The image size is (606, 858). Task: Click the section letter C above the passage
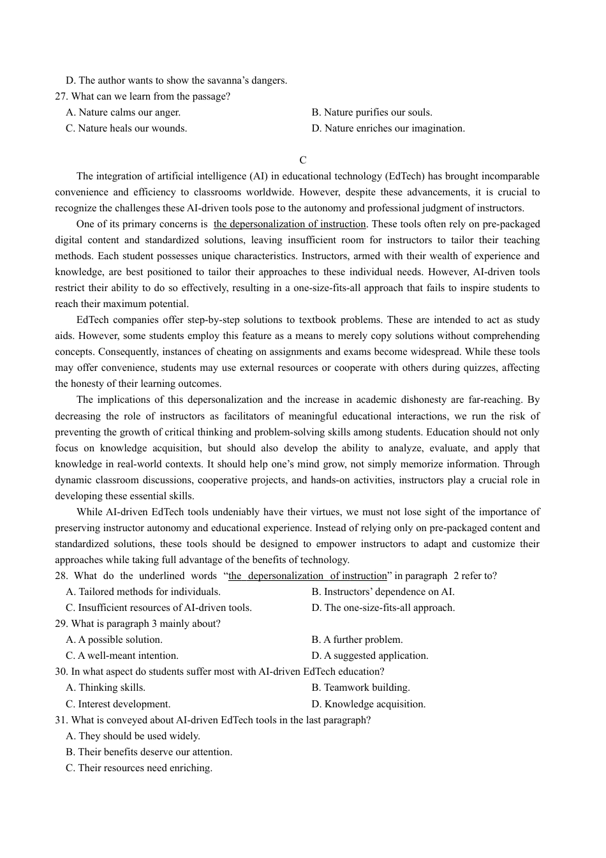click(303, 160)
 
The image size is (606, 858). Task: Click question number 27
click(62, 96)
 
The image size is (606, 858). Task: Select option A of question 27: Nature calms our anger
click(123, 112)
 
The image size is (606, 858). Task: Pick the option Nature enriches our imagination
click(388, 128)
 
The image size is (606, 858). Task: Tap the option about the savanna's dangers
click(177, 80)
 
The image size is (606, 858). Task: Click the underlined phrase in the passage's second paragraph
click(290, 224)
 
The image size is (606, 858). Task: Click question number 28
click(62, 576)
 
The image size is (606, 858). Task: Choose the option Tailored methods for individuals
click(144, 592)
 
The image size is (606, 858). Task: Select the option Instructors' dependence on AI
click(383, 592)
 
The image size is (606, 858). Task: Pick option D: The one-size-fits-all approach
click(383, 608)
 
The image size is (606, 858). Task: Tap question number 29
click(62, 624)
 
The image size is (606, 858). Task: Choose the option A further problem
click(357, 640)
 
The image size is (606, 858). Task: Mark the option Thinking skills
click(106, 688)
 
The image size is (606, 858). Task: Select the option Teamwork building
click(360, 688)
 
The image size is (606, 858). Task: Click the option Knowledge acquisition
click(369, 704)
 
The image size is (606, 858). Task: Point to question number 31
click(62, 720)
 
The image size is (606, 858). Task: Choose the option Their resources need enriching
click(139, 768)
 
